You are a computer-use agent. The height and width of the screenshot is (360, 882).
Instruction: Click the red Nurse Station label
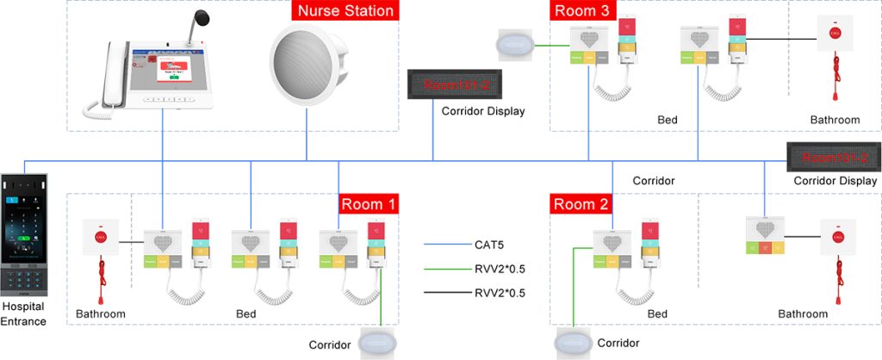[345, 11]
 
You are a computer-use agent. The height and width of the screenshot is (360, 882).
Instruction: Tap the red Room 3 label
[582, 10]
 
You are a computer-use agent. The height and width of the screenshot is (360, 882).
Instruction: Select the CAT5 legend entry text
[488, 245]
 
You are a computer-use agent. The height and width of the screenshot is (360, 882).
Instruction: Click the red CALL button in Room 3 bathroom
[833, 34]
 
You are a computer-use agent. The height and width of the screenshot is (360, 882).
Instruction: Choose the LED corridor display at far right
[833, 158]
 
